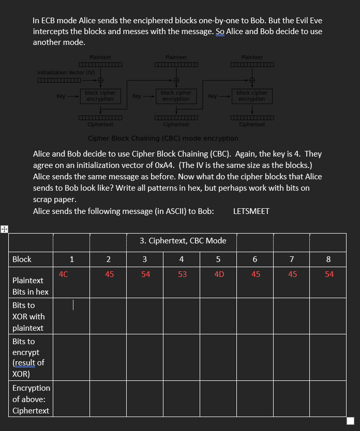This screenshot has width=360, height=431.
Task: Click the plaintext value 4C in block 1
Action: pos(63,274)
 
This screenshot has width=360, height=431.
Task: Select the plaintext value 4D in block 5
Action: pos(219,274)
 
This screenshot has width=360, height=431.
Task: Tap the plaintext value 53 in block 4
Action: pos(182,274)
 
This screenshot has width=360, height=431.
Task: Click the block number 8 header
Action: pos(328,259)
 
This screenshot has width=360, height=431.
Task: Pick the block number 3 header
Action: pos(145,259)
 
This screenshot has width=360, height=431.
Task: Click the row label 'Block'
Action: pos(22,259)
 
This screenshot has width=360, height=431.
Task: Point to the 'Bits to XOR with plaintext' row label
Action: pos(28,316)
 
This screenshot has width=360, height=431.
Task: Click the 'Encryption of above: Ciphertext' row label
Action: pos(31,399)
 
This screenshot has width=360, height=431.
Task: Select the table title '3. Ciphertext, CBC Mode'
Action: pos(183,241)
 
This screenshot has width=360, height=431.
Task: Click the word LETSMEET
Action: pos(251,211)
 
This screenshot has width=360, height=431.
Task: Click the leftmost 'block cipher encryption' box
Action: pos(100,96)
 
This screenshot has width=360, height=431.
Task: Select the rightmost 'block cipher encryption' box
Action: pos(251,96)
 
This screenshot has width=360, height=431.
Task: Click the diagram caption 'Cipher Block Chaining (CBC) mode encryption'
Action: pos(163,138)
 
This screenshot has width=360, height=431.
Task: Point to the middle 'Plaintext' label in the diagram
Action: pos(176,57)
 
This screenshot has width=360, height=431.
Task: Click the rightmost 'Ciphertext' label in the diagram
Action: pos(252,125)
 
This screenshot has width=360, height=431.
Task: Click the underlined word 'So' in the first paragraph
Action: pos(220,31)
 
